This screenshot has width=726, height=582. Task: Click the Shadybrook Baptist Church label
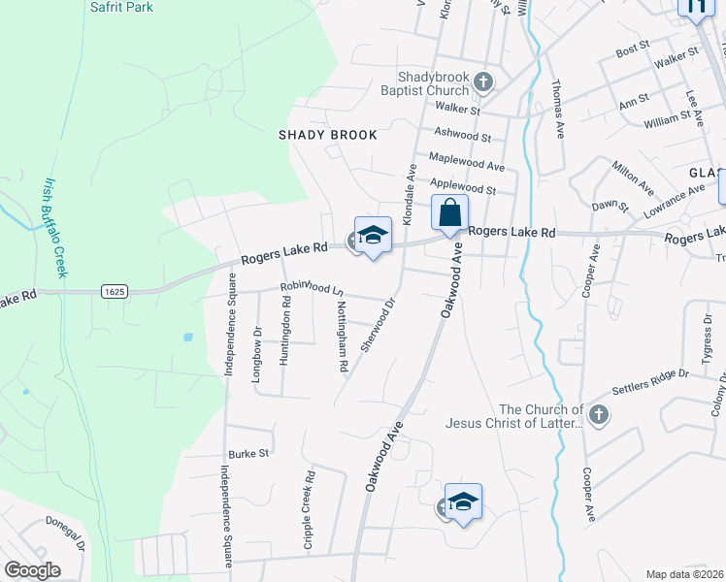tap(433, 83)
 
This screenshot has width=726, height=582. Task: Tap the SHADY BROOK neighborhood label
tap(327, 135)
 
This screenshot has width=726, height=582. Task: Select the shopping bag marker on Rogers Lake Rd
tap(449, 213)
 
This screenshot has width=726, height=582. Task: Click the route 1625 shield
tap(115, 291)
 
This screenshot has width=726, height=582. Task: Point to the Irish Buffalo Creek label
tap(53, 228)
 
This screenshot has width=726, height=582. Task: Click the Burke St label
tap(247, 453)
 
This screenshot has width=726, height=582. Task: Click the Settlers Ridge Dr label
tap(650, 382)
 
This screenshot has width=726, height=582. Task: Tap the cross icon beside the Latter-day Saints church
tap(599, 416)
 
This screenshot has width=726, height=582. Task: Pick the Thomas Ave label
tap(558, 110)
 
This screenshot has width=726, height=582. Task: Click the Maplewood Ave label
tap(468, 164)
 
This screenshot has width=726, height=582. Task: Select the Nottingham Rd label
tap(342, 336)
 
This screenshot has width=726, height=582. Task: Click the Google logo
tap(32, 570)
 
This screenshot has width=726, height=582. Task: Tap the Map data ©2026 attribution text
tap(685, 574)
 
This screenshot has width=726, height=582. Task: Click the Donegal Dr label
tap(65, 534)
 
